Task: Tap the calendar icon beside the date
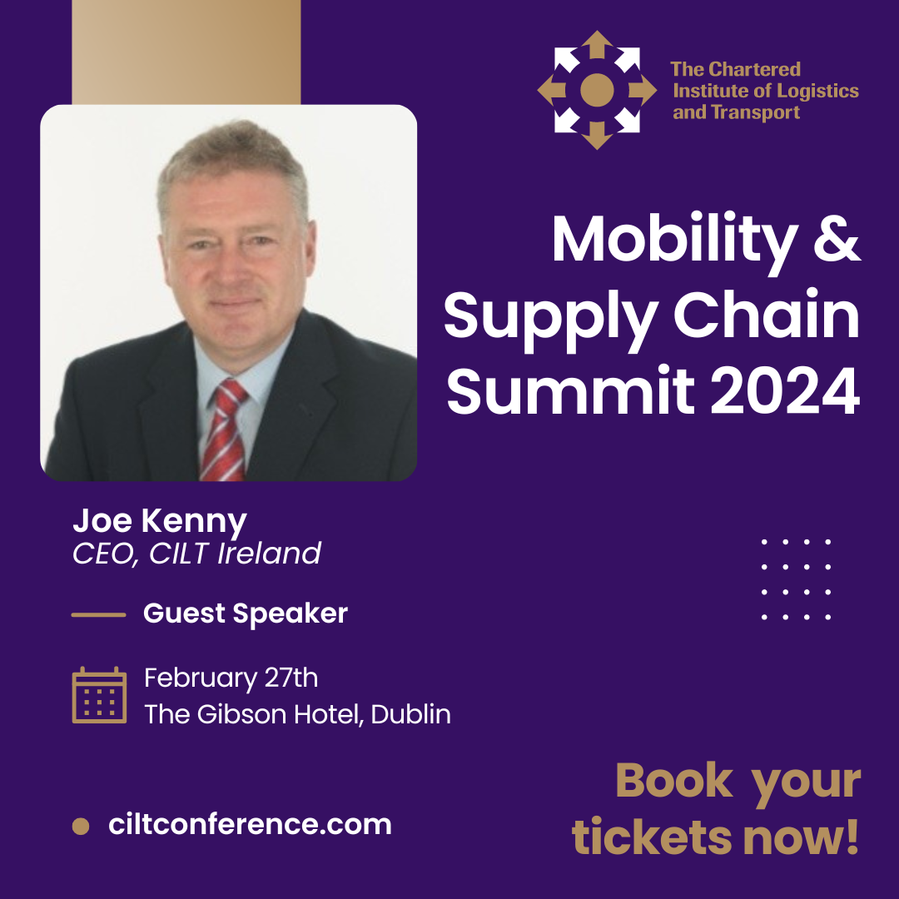coord(99,695)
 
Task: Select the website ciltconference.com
coord(250,824)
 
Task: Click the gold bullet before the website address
coord(81,827)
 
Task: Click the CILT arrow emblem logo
coord(597,90)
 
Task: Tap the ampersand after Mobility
coord(837,239)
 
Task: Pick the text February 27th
coord(231,678)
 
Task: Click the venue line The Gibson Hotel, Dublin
coord(297,714)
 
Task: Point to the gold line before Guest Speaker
coord(98,614)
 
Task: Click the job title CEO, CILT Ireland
coord(196,554)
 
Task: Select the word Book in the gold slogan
coord(674,780)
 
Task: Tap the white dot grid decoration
coord(797,579)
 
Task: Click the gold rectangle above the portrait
coord(186,52)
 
